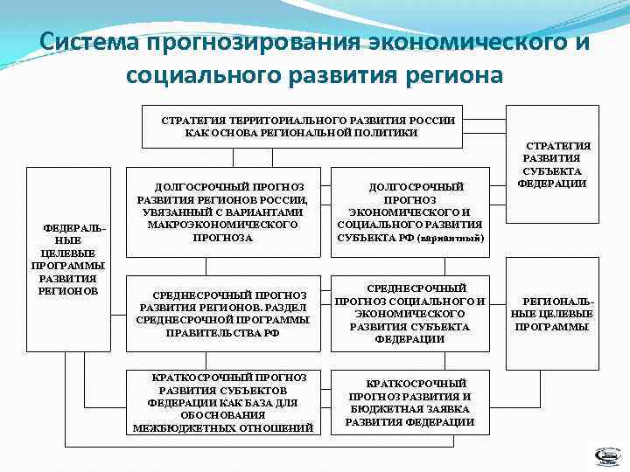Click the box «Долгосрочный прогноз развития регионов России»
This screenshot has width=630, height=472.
(223, 212)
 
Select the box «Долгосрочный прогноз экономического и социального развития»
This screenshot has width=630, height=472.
(409, 212)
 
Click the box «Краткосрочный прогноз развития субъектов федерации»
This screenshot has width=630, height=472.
(223, 402)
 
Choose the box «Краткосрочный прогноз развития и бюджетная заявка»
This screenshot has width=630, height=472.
(409, 402)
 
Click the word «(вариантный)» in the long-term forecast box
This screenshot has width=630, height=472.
(451, 238)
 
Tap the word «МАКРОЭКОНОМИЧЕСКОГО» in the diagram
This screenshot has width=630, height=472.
(224, 225)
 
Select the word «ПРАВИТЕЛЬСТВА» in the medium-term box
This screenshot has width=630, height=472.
(208, 332)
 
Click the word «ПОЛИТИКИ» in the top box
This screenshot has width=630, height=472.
(386, 133)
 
